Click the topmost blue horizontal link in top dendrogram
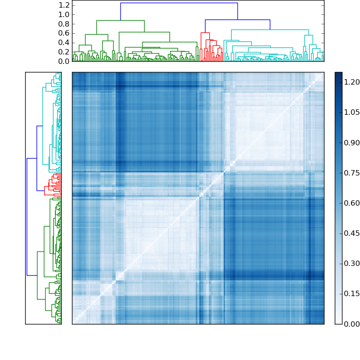pos(179,3)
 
